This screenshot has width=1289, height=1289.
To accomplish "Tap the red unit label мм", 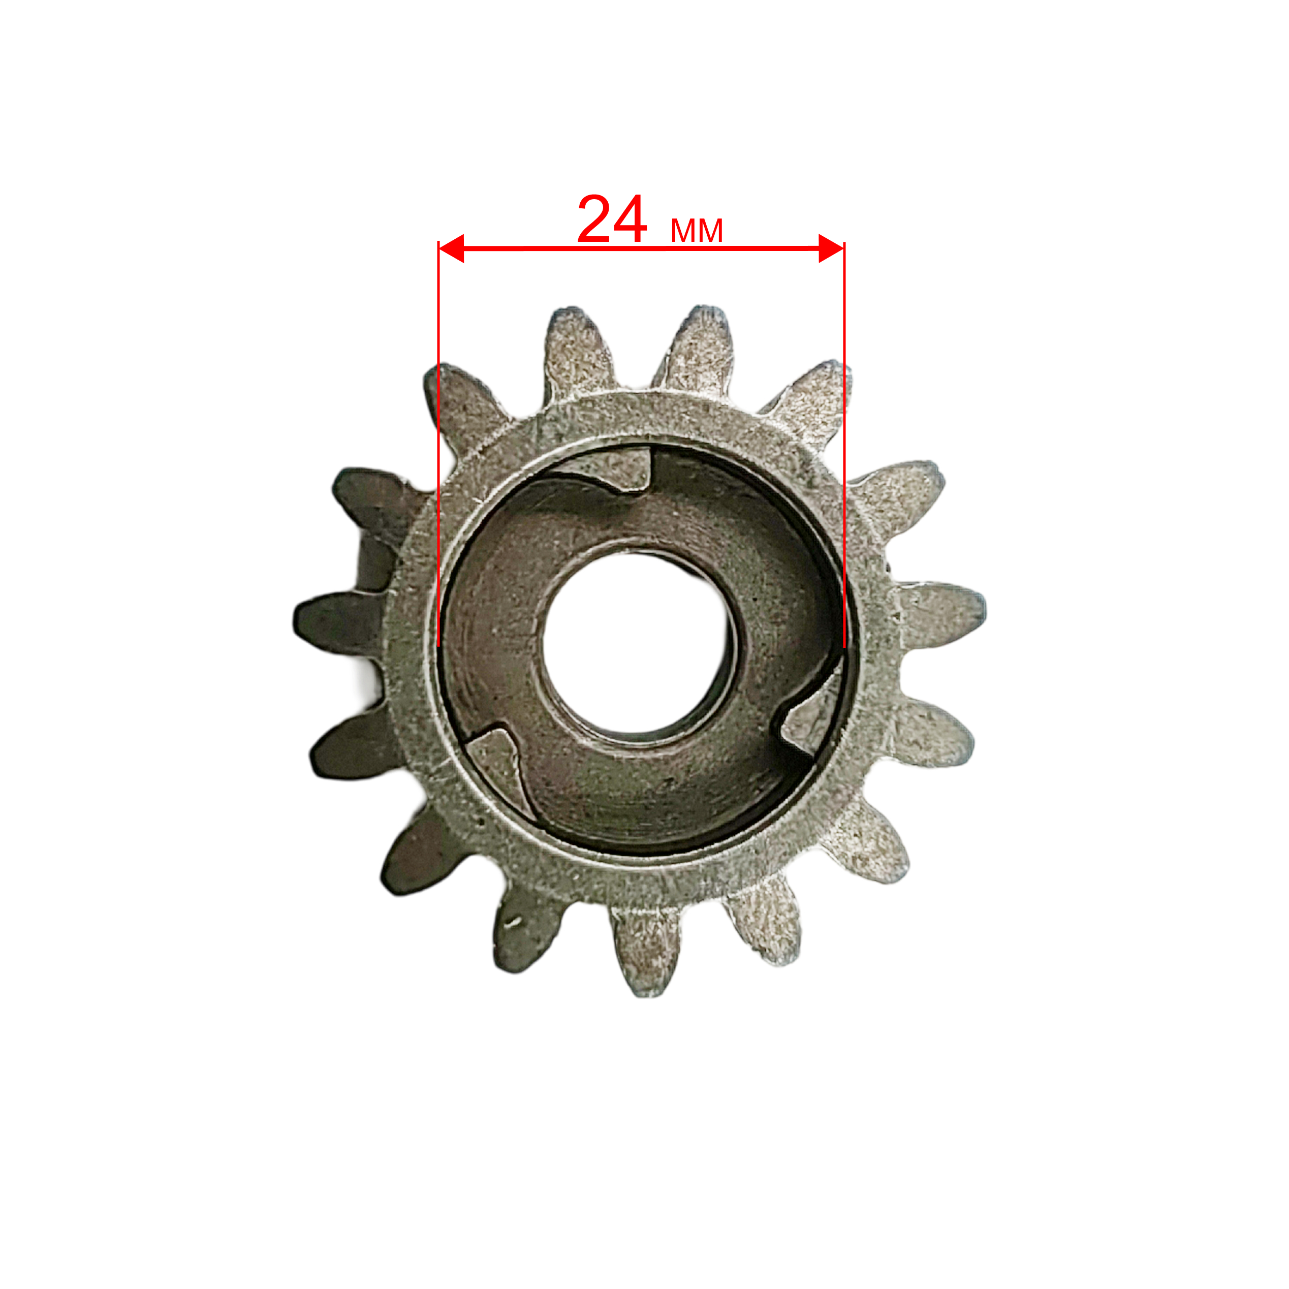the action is (697, 231).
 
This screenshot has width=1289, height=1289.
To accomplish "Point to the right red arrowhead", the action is (831, 248).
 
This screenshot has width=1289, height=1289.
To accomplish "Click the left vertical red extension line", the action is (438, 444).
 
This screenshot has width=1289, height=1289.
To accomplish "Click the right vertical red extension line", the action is (844, 444).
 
